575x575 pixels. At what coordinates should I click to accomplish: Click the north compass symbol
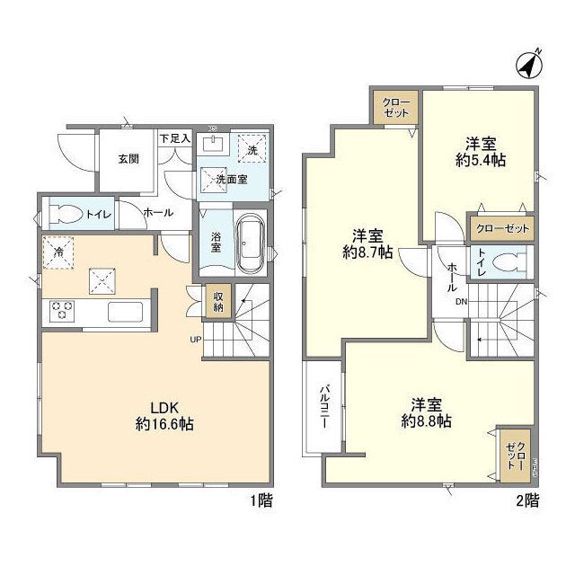529,65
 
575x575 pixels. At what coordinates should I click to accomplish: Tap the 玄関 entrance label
128,159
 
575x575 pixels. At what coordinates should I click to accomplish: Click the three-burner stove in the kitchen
62,311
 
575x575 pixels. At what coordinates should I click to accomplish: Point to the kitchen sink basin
125,312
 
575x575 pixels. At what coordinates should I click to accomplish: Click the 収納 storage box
217,301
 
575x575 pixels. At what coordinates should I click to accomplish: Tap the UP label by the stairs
196,340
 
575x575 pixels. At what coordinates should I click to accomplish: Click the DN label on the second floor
461,302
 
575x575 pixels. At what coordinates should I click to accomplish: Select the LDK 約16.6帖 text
164,416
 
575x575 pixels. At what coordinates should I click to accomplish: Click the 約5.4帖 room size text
481,160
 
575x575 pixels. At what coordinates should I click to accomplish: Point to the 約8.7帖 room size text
367,252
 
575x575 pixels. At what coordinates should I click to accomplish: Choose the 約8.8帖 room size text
426,421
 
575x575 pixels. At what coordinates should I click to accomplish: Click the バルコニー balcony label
324,406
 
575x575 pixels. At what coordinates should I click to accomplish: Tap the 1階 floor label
261,500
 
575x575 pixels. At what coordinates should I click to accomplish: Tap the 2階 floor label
527,500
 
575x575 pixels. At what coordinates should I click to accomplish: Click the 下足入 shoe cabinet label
175,138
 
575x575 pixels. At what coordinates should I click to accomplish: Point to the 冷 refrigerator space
58,252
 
